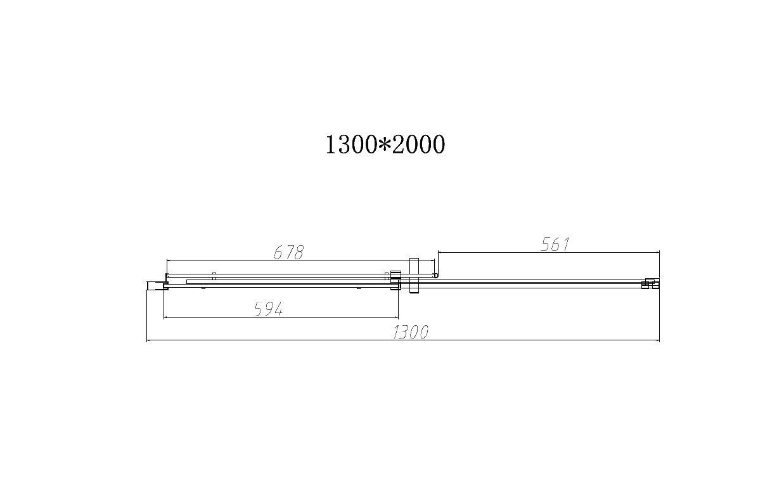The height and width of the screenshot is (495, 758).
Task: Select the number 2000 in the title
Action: click(x=418, y=145)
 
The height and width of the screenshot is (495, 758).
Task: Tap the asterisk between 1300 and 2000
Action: click(x=384, y=144)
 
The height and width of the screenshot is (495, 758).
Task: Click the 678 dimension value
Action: click(x=288, y=252)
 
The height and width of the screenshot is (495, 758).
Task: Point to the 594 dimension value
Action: click(x=268, y=309)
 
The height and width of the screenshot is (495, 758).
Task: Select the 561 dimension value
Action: click(x=555, y=245)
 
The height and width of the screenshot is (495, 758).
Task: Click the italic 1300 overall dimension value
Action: click(x=410, y=332)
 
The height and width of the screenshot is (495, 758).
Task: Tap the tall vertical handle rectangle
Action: click(x=413, y=276)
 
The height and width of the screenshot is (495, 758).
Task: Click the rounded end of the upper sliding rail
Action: click(x=435, y=276)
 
